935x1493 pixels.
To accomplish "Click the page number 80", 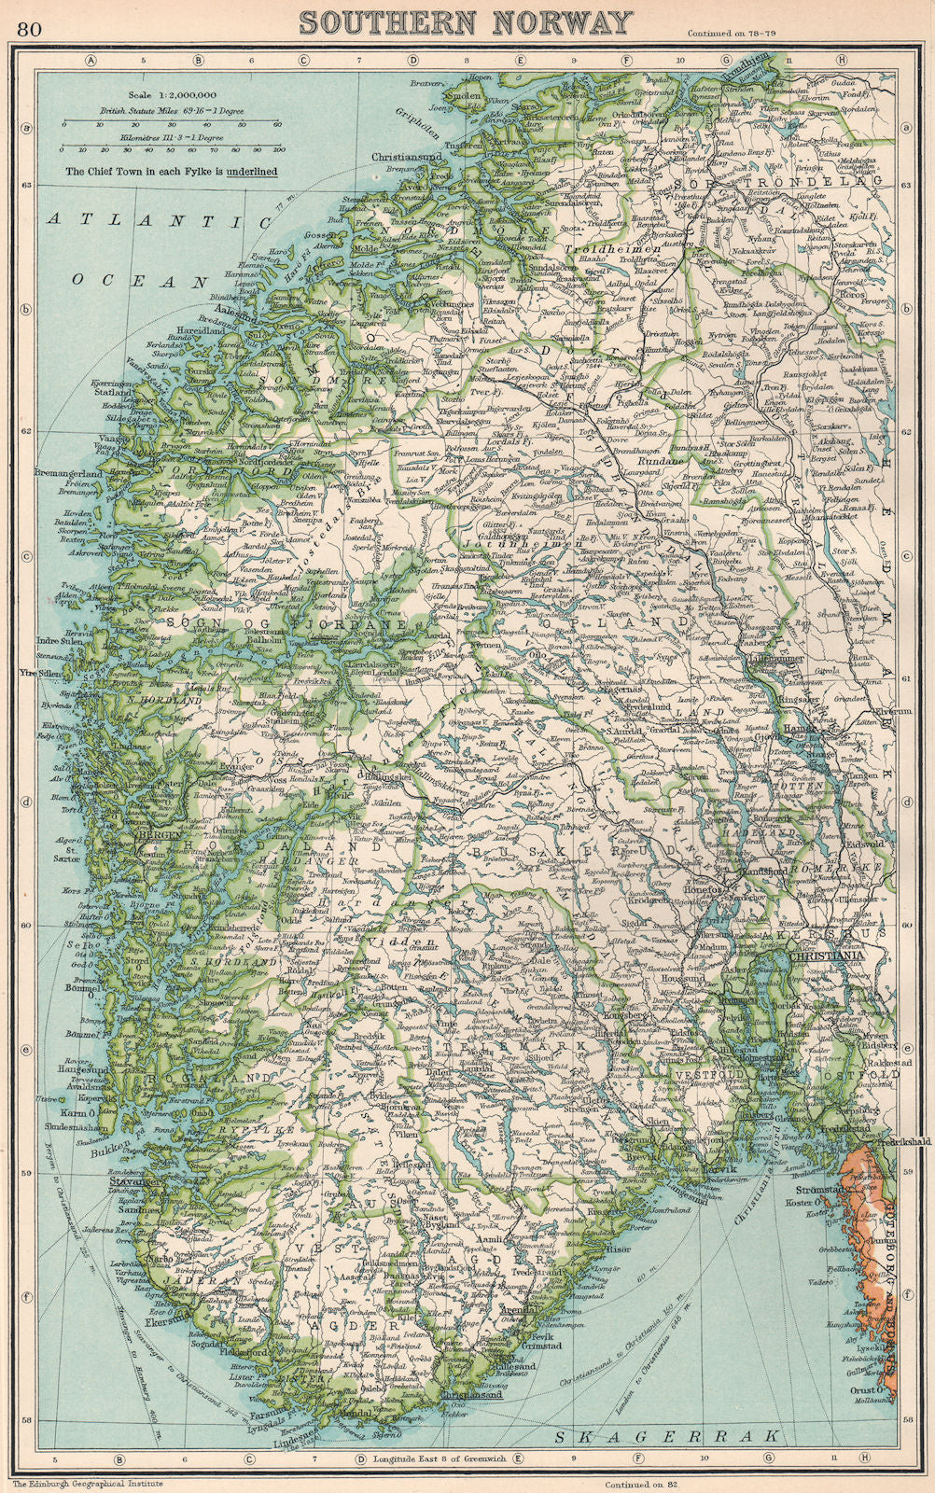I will coord(28,27).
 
